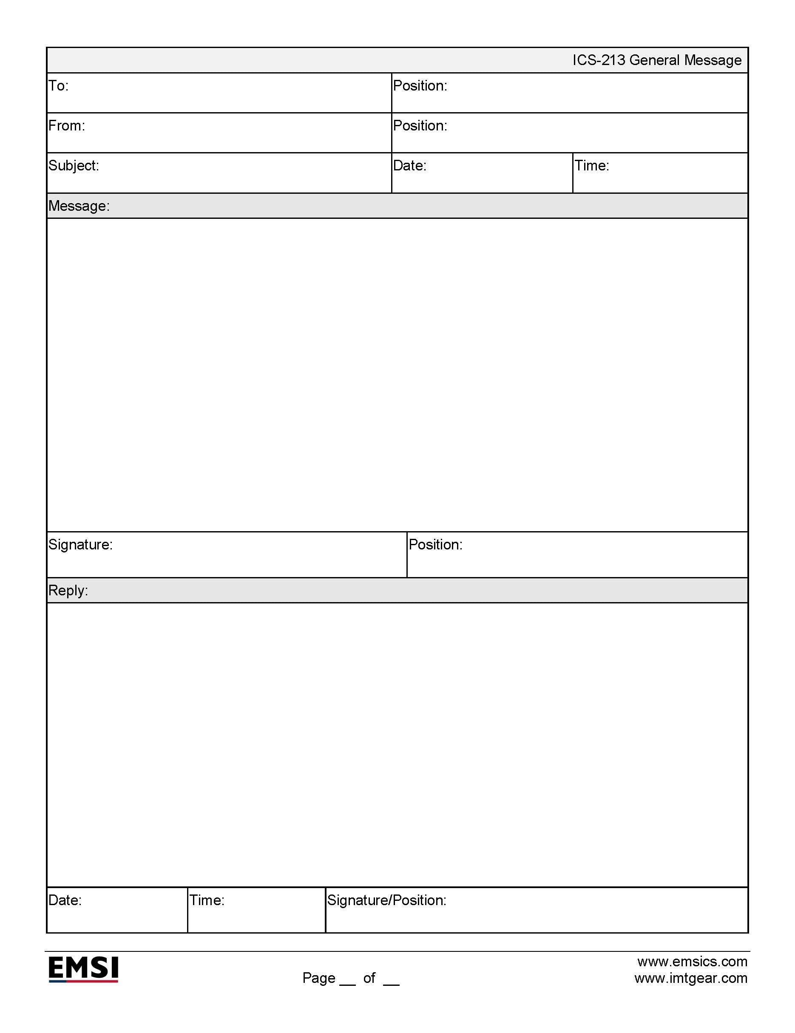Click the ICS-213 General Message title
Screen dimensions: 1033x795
(657, 60)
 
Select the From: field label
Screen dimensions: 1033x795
(67, 126)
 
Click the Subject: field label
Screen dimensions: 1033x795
(74, 166)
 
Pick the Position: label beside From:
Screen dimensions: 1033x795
(420, 126)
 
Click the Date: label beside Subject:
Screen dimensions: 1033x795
(410, 166)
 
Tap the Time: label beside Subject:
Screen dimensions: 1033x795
(592, 166)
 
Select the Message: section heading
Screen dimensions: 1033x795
(79, 206)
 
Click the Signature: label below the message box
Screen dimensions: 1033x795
(80, 545)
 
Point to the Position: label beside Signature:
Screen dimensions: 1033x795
(436, 545)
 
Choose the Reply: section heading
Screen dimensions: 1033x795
(68, 591)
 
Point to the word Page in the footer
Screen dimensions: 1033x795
(319, 978)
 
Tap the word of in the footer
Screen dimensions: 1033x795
(369, 978)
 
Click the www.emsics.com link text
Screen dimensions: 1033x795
(692, 962)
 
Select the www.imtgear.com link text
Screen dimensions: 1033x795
(691, 978)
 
